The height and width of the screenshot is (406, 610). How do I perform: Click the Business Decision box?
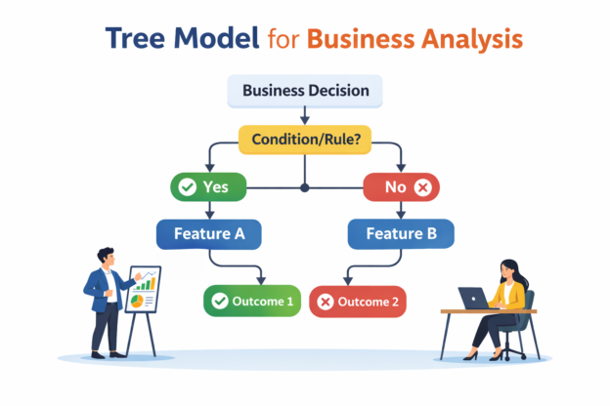coord(305,91)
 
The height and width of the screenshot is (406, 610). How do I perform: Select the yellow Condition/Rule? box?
coord(305,140)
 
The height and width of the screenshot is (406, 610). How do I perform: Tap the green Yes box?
coord(206,185)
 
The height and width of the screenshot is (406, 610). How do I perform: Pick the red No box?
coord(402,185)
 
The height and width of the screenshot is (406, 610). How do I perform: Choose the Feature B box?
coord(401,234)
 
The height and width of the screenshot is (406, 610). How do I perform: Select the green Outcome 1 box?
coord(250,302)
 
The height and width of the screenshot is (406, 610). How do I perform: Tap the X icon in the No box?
coord(423,185)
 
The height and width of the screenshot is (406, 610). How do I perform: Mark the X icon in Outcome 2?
coord(326,302)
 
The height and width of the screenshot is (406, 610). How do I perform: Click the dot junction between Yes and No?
coord(305,185)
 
